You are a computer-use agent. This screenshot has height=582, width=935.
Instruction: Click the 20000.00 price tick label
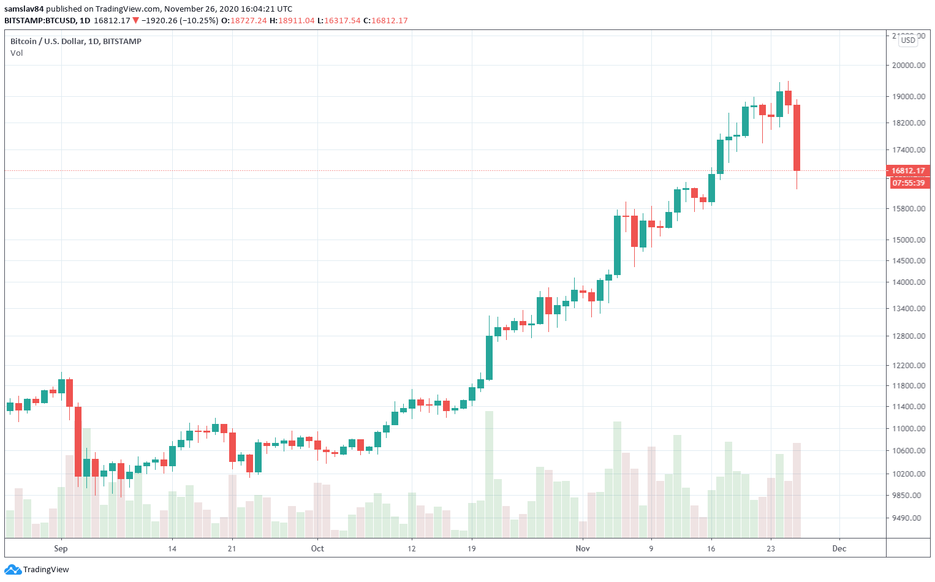[909, 66]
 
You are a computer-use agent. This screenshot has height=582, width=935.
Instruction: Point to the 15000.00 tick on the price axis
[909, 240]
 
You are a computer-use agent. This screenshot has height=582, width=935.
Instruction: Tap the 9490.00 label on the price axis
[909, 518]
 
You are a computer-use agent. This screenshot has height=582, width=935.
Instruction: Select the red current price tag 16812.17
[908, 171]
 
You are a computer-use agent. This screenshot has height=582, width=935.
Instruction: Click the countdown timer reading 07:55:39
[908, 183]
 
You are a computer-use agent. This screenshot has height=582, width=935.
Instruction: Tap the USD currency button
[907, 40]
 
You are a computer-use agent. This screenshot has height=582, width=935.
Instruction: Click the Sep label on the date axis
[61, 548]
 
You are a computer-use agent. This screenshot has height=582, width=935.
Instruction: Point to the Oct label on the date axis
[317, 548]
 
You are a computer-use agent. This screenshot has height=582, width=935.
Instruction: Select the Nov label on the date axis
[583, 548]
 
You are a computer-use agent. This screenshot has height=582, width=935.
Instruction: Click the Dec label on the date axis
[839, 548]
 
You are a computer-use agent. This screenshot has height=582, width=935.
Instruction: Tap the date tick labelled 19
[471, 548]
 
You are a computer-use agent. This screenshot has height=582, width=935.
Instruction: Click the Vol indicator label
[17, 53]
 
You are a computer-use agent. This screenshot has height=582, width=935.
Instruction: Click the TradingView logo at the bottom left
[37, 569]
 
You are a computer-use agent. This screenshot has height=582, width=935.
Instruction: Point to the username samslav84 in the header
[24, 9]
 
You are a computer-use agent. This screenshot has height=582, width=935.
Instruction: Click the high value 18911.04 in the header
[296, 20]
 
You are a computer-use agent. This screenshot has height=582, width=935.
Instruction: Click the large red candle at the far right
[797, 138]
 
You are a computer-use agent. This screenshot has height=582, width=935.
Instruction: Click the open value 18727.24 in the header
[248, 20]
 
